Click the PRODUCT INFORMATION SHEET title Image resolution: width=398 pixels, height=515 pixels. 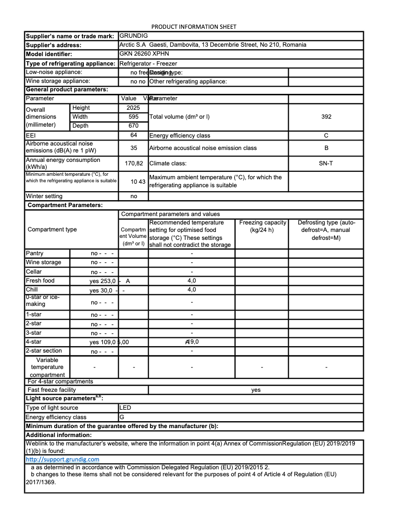(194, 26)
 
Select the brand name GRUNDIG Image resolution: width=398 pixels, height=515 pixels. (134, 36)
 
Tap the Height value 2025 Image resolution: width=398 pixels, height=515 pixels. (133, 108)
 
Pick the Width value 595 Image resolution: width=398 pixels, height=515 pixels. (133, 117)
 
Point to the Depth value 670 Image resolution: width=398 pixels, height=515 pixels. (133, 126)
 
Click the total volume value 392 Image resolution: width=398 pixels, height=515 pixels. (326, 117)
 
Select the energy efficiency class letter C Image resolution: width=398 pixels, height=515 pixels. (326, 135)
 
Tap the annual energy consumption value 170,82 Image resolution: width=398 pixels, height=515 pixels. (133, 163)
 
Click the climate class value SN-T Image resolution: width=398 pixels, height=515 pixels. (326, 163)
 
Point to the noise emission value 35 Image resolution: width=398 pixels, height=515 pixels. (133, 148)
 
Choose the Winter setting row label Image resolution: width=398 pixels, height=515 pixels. (44, 196)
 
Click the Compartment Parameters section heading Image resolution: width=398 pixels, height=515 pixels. (65, 205)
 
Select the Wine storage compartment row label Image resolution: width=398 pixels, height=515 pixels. (44, 262)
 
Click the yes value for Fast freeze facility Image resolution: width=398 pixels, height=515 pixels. (256, 390)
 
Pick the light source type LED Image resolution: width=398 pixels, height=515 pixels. (126, 408)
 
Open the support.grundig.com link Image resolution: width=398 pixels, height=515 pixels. (63, 459)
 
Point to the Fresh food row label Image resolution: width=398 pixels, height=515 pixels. (40, 281)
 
